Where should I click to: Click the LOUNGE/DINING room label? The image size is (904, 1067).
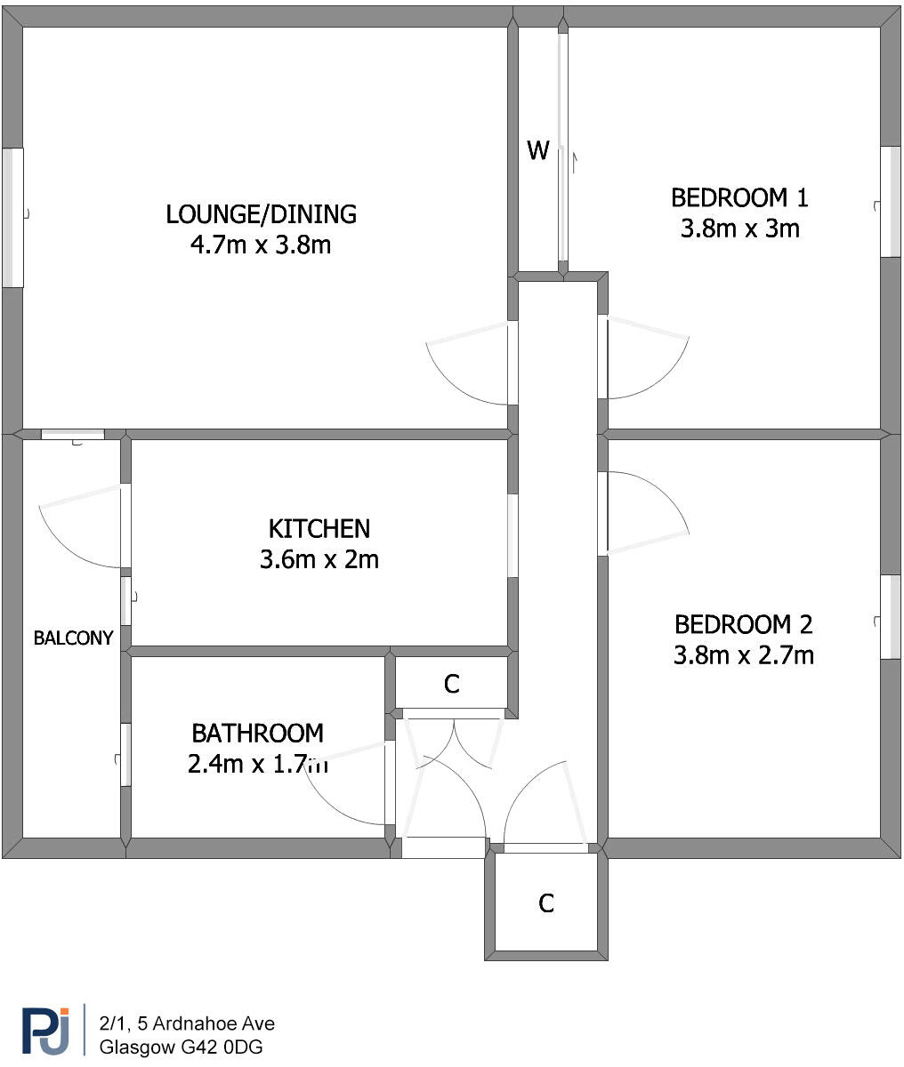(x=261, y=214)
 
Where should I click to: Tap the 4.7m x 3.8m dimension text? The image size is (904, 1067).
(x=261, y=245)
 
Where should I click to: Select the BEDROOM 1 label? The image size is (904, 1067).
(x=740, y=197)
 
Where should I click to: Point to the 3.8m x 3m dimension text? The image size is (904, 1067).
(x=740, y=229)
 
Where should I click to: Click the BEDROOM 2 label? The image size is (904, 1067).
(x=744, y=624)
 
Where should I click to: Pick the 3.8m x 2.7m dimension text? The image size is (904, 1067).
(x=744, y=655)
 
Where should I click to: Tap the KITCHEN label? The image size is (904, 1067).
(x=319, y=529)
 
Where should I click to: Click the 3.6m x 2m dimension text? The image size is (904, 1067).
(x=319, y=560)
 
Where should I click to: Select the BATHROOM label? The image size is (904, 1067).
(x=257, y=734)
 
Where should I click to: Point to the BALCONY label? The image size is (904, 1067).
(x=74, y=638)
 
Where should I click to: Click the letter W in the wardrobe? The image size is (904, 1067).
(x=537, y=151)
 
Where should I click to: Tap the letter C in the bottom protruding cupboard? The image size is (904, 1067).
(x=546, y=903)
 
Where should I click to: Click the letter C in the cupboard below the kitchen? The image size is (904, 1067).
(x=452, y=684)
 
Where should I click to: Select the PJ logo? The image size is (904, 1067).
(x=44, y=1031)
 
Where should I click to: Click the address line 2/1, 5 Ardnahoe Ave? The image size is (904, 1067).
(x=187, y=1023)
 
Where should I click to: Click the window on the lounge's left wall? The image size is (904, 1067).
(x=12, y=217)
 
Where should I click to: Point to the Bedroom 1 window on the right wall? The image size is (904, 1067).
(x=891, y=202)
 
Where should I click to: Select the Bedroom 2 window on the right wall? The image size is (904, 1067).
(x=891, y=617)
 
